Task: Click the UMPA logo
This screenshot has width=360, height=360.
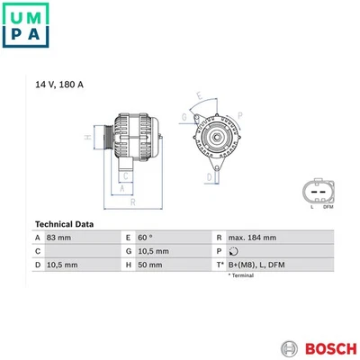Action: (x=25, y=25)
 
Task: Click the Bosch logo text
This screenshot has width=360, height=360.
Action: (x=330, y=349)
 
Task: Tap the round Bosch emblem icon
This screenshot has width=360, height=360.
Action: (x=290, y=349)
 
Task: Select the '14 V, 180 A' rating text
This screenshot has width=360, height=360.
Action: (x=59, y=85)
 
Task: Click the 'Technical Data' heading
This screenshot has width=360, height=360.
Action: (x=64, y=224)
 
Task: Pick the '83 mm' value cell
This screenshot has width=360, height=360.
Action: (x=58, y=238)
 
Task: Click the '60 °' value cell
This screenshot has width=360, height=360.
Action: (x=145, y=238)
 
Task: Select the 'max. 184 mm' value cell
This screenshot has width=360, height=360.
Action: (x=252, y=238)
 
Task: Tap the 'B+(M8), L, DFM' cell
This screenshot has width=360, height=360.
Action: (x=256, y=265)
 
